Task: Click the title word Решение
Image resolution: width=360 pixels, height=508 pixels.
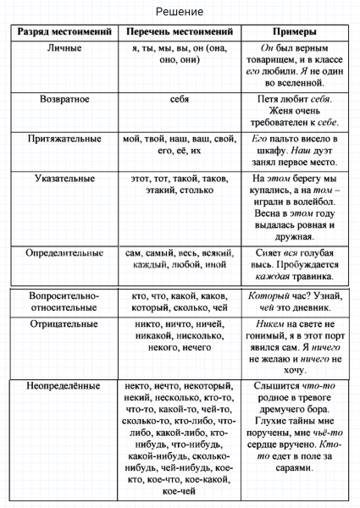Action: pos(180,12)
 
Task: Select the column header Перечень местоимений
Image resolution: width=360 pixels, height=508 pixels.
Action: pos(179,31)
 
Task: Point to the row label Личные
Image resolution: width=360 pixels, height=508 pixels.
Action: pos(61,48)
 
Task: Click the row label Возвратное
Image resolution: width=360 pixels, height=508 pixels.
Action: pos(61,99)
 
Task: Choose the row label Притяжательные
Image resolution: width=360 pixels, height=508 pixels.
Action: pos(61,138)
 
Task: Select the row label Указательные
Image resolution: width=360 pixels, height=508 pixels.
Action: pos(61,179)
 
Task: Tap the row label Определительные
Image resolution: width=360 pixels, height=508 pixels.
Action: pos(61,252)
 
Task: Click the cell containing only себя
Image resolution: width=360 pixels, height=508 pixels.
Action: pos(179,99)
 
